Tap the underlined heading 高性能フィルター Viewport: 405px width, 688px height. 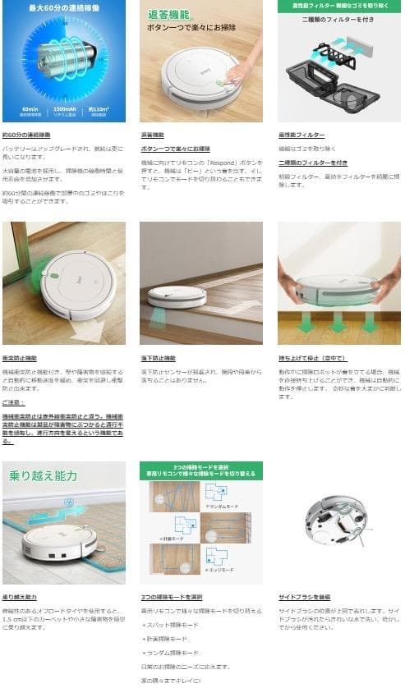click(301, 135)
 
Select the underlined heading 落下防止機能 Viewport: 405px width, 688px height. click(158, 359)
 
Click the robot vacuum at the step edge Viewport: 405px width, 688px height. click(177, 295)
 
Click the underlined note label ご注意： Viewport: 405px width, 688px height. click(14, 402)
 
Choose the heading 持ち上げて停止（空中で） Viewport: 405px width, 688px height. click(311, 359)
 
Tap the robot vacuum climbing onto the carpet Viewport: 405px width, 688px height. click(59, 540)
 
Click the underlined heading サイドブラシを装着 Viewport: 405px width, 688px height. click(303, 597)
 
